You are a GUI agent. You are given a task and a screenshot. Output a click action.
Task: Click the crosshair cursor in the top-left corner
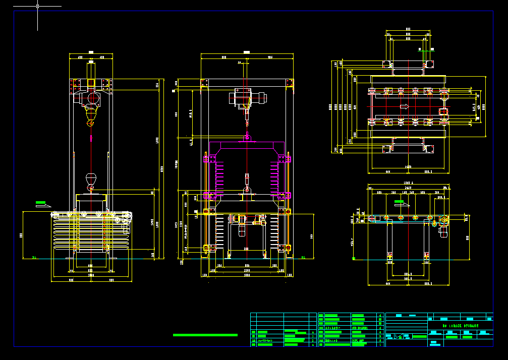click(x=37, y=6)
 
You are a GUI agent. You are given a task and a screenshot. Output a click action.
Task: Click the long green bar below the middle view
click(x=204, y=335)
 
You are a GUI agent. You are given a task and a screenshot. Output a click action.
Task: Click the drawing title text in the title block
click(x=460, y=326)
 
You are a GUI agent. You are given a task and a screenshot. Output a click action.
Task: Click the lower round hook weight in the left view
click(x=91, y=178)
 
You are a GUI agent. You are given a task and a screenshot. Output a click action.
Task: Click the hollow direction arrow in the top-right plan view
click(x=404, y=106)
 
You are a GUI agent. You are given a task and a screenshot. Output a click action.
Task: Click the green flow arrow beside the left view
click(x=43, y=204)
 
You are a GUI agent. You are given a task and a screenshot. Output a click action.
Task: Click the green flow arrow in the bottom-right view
click(x=402, y=203)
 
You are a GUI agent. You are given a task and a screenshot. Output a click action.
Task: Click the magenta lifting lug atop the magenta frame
click(x=247, y=137)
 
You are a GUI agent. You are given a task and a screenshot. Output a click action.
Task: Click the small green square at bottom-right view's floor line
click(x=354, y=258)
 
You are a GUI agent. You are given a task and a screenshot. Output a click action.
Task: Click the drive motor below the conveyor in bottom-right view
click(x=443, y=230)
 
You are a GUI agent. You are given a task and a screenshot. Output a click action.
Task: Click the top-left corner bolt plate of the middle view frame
click(x=204, y=83)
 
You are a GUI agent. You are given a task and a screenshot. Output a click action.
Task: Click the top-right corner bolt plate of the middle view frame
click(x=290, y=83)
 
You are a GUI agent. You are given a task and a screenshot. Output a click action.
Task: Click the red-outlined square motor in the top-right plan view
click(x=443, y=111)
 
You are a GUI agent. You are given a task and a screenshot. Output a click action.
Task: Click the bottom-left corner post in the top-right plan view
click(x=387, y=149)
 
